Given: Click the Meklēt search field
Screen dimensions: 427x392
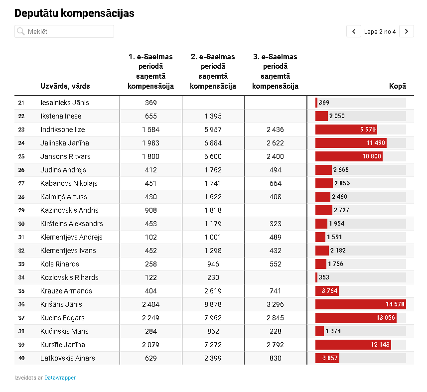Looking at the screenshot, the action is pyautogui.click(x=64, y=31).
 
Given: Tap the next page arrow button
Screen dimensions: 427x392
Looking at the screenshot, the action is pyautogui.click(x=406, y=31).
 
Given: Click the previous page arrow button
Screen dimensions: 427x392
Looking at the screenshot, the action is pyautogui.click(x=354, y=31).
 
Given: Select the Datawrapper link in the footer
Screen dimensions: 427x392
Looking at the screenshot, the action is pyautogui.click(x=60, y=378).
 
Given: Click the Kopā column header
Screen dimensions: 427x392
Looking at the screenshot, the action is pyautogui.click(x=397, y=86).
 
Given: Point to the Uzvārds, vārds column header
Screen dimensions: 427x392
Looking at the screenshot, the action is pyautogui.click(x=65, y=86).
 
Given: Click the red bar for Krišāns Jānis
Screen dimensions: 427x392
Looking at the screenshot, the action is pyautogui.click(x=361, y=304).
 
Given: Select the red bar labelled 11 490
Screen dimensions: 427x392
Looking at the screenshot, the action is pyautogui.click(x=351, y=143).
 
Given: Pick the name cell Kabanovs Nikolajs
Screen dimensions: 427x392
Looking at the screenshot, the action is pyautogui.click(x=69, y=183).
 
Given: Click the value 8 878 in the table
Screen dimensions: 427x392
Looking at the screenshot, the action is pyautogui.click(x=213, y=304).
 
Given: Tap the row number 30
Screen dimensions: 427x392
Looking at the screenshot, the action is pyautogui.click(x=21, y=224).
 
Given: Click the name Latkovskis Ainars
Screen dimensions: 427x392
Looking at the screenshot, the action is pyautogui.click(x=68, y=358).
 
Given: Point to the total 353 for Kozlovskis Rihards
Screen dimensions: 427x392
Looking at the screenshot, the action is pyautogui.click(x=324, y=277).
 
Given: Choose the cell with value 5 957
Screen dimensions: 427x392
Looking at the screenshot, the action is pyautogui.click(x=213, y=130).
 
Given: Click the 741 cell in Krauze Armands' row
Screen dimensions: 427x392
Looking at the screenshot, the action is pyautogui.click(x=276, y=291).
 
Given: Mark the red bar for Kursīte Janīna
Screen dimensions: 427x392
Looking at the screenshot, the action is pyautogui.click(x=353, y=345).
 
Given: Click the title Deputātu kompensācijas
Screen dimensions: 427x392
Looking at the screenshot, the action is pyautogui.click(x=74, y=13).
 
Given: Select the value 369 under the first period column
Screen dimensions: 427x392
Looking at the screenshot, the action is pyautogui.click(x=151, y=103).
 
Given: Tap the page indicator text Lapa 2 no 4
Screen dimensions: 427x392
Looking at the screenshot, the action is pyautogui.click(x=380, y=31).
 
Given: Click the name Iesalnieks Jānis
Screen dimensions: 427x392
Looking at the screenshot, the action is pyautogui.click(x=65, y=103).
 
